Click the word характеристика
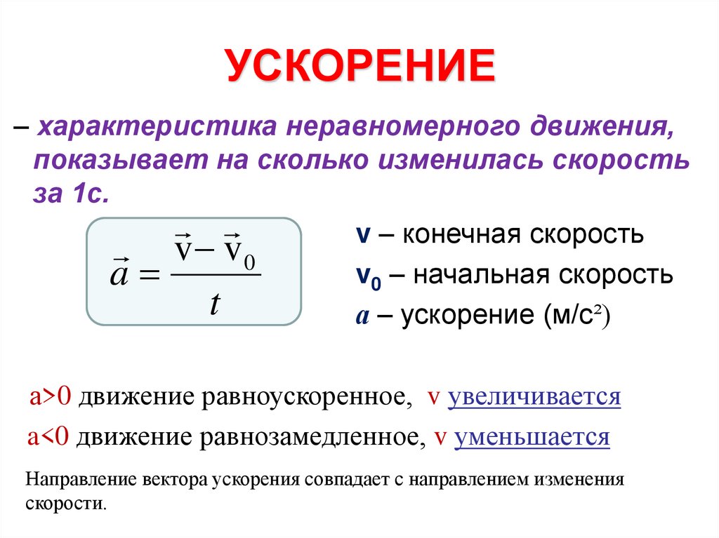(x=149, y=128)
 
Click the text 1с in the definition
(x=91, y=193)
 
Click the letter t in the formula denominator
(x=215, y=304)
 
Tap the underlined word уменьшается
(x=532, y=438)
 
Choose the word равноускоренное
(x=308, y=398)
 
